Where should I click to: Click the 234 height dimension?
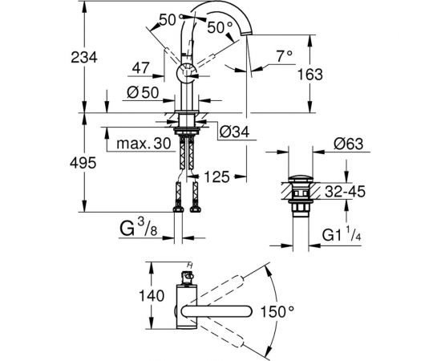coord(84,58)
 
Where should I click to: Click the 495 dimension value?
coord(83,163)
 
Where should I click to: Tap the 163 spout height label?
coord(310,75)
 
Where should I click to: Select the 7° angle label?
coord(284,55)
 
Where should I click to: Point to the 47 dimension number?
coord(141,67)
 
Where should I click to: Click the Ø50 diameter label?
coord(143,92)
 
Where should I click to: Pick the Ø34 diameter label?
coord(234,132)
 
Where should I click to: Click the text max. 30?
coord(144,144)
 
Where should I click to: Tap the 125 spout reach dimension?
coord(216,177)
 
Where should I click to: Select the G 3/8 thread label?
coord(139,228)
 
